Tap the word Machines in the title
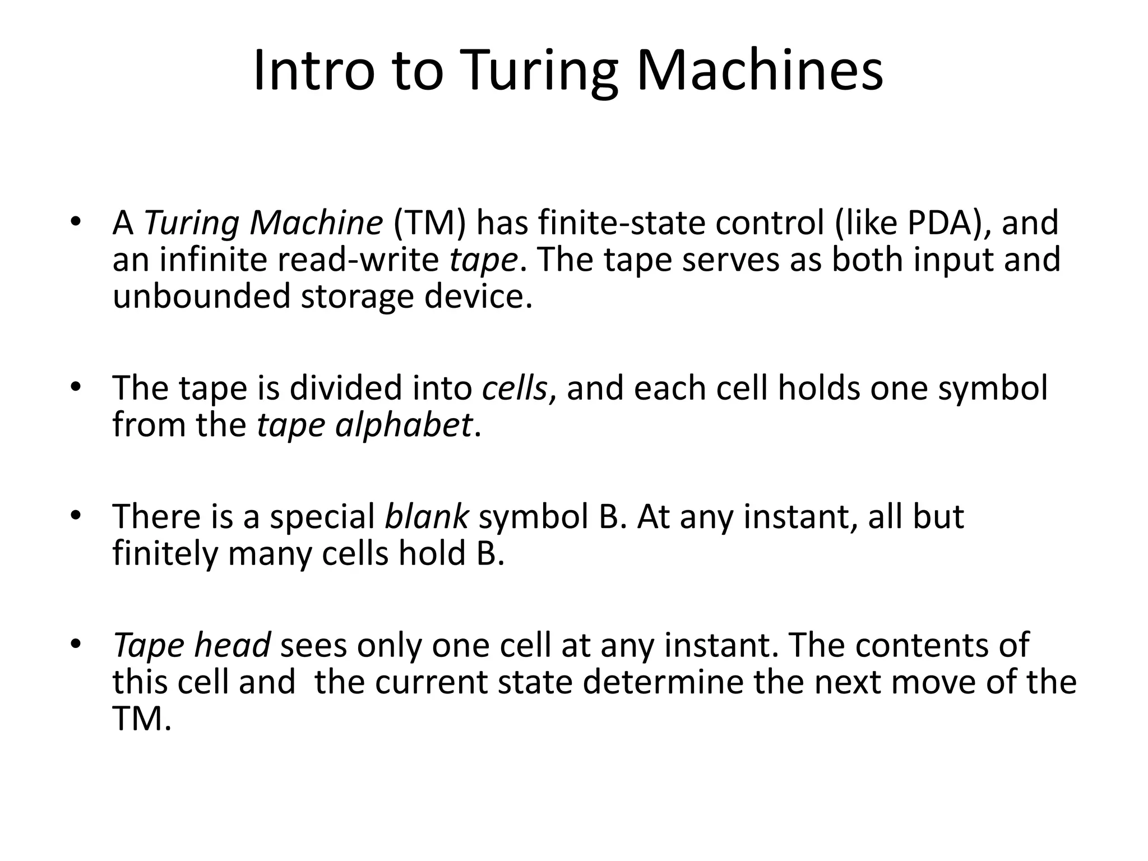pos(760,71)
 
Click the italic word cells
pos(514,388)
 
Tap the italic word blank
pos(426,516)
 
